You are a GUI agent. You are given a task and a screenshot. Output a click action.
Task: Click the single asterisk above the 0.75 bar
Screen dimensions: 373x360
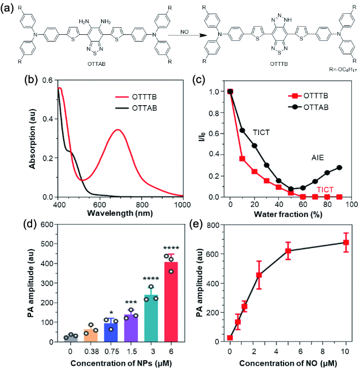(111, 312)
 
